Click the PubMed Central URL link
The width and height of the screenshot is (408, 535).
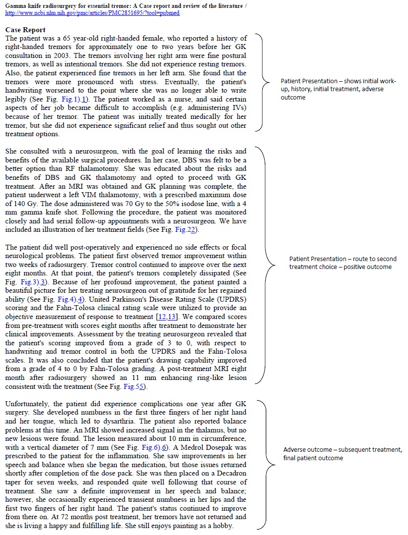[x=92, y=13]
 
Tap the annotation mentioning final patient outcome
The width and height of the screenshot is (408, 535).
[x=342, y=453]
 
